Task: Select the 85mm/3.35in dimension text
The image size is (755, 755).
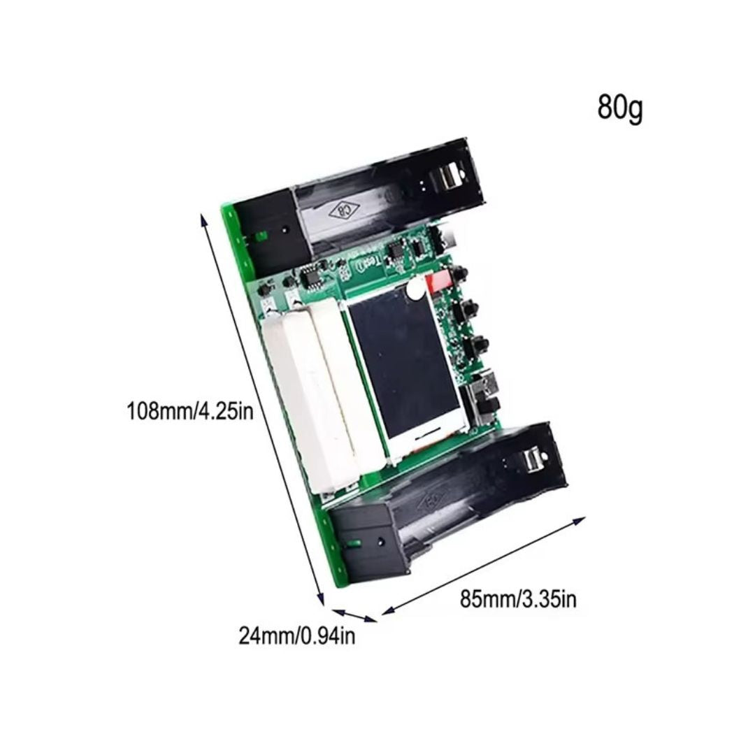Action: pos(518,599)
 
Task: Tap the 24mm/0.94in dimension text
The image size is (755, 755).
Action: pos(296,636)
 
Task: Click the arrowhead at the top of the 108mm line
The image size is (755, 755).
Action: pos(203,218)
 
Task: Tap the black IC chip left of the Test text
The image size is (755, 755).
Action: pos(310,278)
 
